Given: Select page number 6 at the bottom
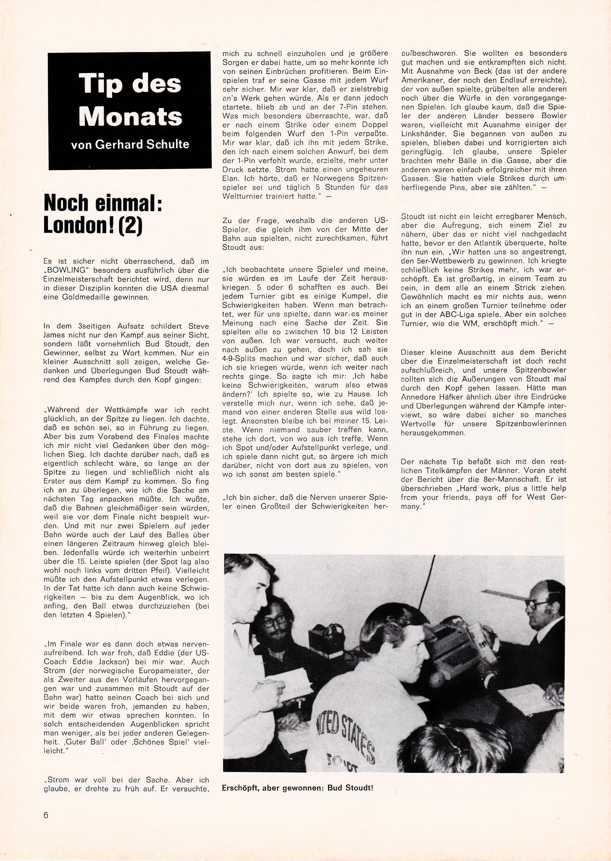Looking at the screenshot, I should pyautogui.click(x=46, y=815).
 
